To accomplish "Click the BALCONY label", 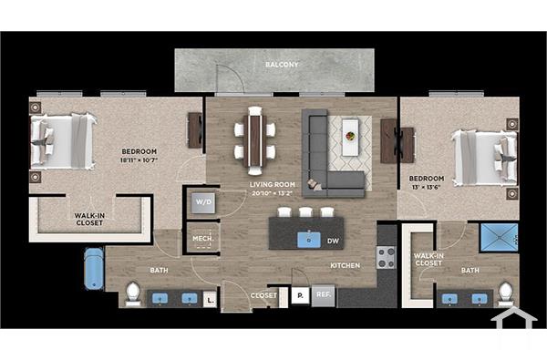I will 282,66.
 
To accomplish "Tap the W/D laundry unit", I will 202,202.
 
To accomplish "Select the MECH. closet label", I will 202,241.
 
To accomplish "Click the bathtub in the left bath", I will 94,269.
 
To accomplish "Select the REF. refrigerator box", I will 324,295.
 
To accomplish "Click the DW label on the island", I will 332,241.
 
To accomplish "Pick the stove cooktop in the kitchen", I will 387,259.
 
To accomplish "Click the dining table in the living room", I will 253,140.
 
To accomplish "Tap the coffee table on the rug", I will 350,137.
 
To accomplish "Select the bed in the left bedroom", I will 64,140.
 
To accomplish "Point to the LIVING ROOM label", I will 272,185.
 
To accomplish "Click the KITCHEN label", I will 345,266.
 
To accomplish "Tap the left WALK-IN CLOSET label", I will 89,220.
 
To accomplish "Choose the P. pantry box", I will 299,295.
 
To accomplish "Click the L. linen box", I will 210,298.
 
